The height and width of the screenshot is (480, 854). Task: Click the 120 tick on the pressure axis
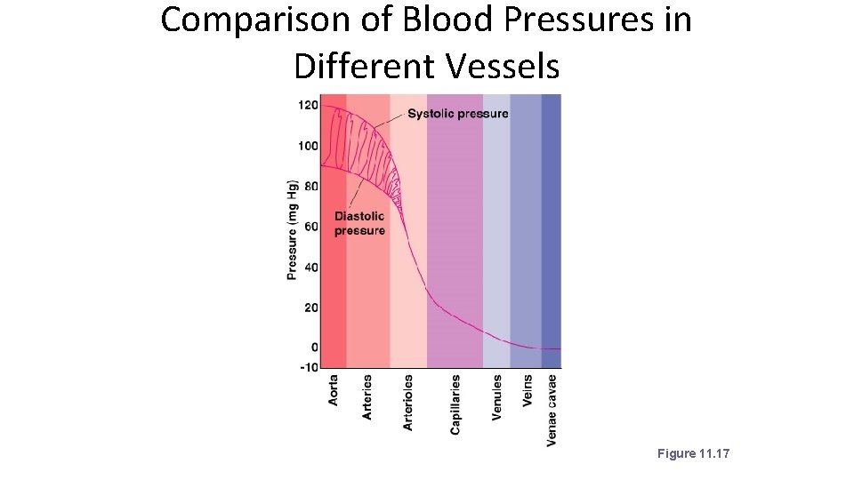pos(307,105)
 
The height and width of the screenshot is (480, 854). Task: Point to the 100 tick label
pos(307,146)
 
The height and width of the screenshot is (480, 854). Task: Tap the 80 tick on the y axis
pos(310,187)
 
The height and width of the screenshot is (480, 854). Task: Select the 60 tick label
pos(310,227)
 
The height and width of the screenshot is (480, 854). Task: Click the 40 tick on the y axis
pos(310,267)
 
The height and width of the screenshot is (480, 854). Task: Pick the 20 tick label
pos(310,308)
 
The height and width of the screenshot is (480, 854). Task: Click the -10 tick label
pos(307,366)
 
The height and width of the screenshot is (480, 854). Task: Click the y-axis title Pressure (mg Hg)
pos(292,229)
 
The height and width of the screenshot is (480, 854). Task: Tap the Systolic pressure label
pos(457,114)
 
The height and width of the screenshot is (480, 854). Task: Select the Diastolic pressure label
pos(359,223)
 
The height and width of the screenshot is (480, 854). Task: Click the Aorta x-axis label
pos(334,390)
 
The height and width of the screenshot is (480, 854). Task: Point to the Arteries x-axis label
pos(367,396)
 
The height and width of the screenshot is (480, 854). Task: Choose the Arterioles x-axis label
pos(407,402)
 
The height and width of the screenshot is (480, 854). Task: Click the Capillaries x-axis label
pos(455,404)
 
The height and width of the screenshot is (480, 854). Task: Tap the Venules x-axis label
pos(496,396)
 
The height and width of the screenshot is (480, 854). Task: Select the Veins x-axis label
pos(528,391)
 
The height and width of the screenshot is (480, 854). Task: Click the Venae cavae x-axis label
pos(552,409)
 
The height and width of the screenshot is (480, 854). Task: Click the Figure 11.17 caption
pos(693,454)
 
